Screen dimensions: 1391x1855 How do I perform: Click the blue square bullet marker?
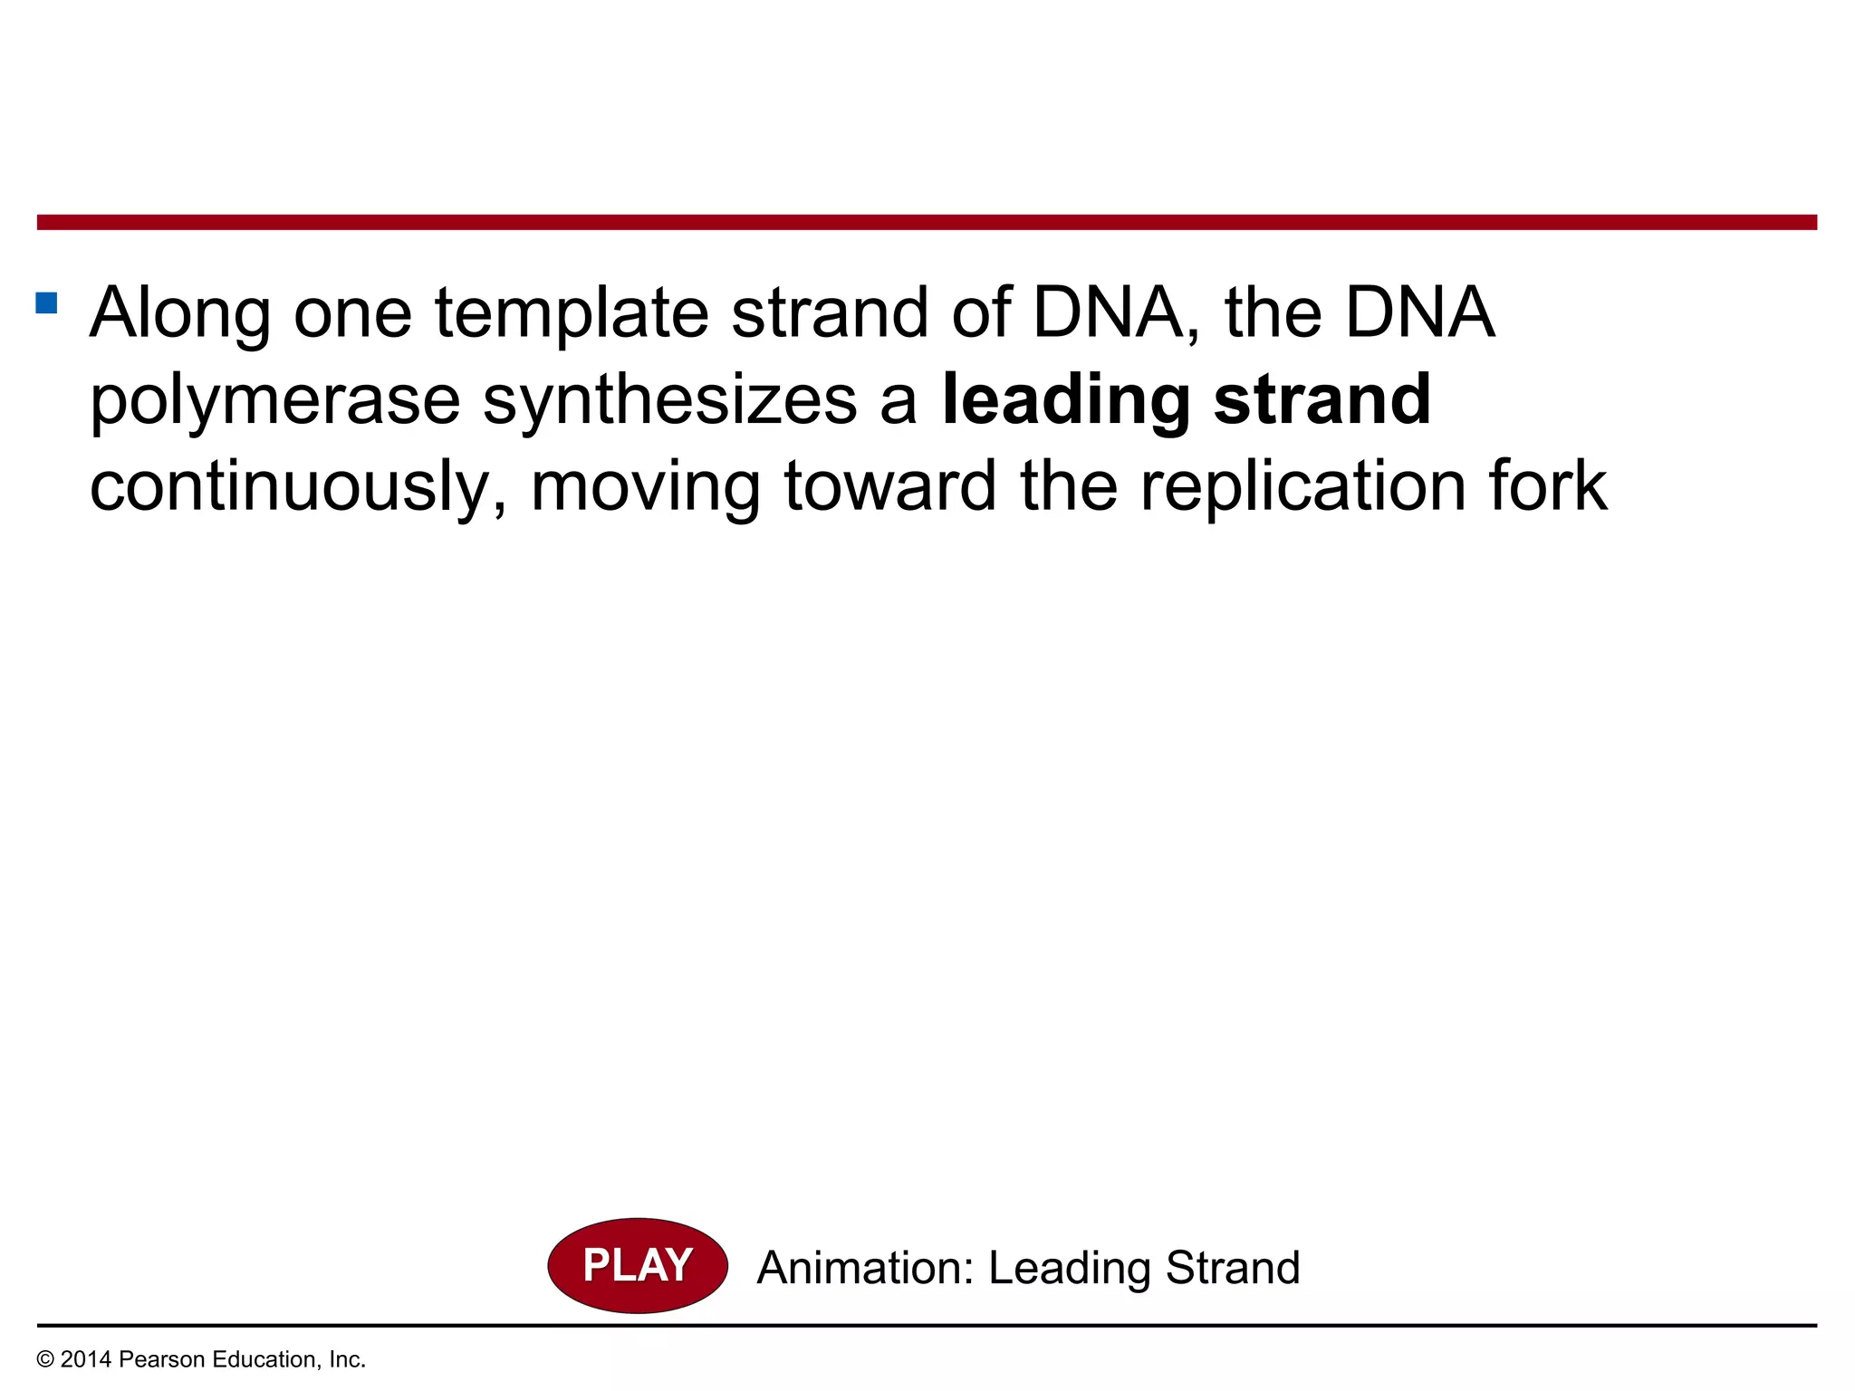point(46,302)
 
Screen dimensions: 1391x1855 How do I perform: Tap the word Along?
point(180,313)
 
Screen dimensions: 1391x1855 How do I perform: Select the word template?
point(572,313)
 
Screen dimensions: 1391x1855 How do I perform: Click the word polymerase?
point(275,401)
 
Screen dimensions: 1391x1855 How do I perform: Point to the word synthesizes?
point(670,399)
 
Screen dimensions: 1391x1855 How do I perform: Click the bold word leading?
point(1066,401)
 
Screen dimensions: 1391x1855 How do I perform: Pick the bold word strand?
point(1322,399)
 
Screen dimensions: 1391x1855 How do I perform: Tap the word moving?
point(646,488)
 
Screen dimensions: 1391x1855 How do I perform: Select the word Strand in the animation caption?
point(1233,1268)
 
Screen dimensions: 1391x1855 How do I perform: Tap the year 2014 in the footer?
point(86,1359)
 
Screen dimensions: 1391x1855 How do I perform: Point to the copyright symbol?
point(45,1360)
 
